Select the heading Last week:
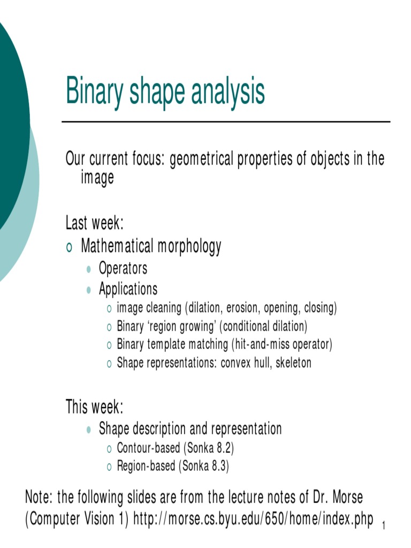pos(95,222)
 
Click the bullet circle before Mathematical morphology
pos(69,247)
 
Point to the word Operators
pos(123,268)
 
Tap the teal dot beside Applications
pos(89,290)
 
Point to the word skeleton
pos(293,362)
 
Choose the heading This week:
pos(94,407)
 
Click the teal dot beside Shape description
pos(89,429)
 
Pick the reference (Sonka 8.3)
pos(204,466)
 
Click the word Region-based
pos(146,466)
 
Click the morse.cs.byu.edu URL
pos(253,520)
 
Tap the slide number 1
pos(384,528)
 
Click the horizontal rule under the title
pos(226,122)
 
